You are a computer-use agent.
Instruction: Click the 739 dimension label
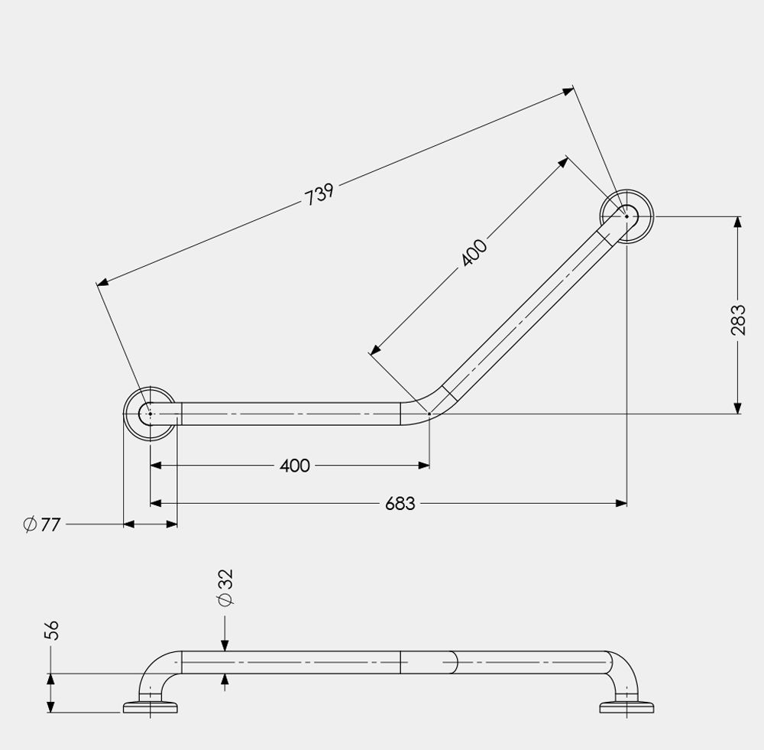tap(319, 194)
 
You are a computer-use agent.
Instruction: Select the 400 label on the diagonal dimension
tap(474, 253)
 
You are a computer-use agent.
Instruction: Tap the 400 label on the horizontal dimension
tap(295, 466)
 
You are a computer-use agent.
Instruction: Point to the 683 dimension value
tap(400, 504)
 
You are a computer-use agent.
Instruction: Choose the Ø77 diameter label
tap(42, 524)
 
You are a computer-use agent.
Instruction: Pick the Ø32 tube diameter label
tap(225, 588)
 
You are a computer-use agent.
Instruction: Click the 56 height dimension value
tap(51, 630)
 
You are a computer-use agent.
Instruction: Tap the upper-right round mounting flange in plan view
tap(626, 216)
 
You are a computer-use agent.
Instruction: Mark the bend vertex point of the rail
tap(429, 414)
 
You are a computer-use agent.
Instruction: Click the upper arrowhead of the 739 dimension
tap(568, 90)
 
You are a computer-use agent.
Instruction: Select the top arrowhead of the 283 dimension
tap(737, 222)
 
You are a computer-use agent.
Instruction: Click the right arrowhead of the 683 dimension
tap(621, 503)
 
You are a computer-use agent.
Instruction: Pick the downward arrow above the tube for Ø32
tap(225, 645)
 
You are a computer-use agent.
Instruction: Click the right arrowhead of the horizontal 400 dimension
tap(424, 464)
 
